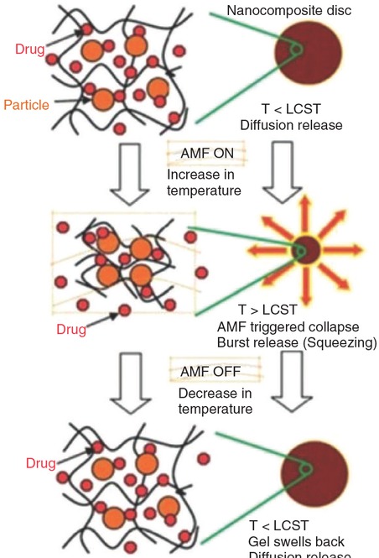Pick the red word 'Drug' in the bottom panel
coord(40,463)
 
